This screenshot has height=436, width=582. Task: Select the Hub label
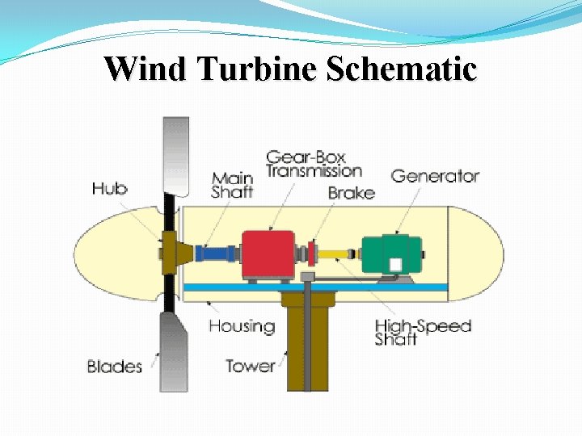pyautogui.click(x=110, y=188)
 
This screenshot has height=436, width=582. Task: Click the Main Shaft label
pyautogui.click(x=232, y=185)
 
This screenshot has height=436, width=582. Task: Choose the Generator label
pyautogui.click(x=435, y=175)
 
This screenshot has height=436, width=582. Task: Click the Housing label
pyautogui.click(x=242, y=326)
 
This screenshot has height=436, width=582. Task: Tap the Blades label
pyautogui.click(x=115, y=367)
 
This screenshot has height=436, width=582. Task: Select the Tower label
pyautogui.click(x=250, y=366)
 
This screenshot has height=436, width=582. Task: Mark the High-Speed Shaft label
pyautogui.click(x=422, y=333)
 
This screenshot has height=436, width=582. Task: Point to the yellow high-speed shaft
pyautogui.click(x=331, y=254)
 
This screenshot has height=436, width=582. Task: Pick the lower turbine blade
pyautogui.click(x=175, y=351)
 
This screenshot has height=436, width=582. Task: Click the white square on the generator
pyautogui.click(x=395, y=266)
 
